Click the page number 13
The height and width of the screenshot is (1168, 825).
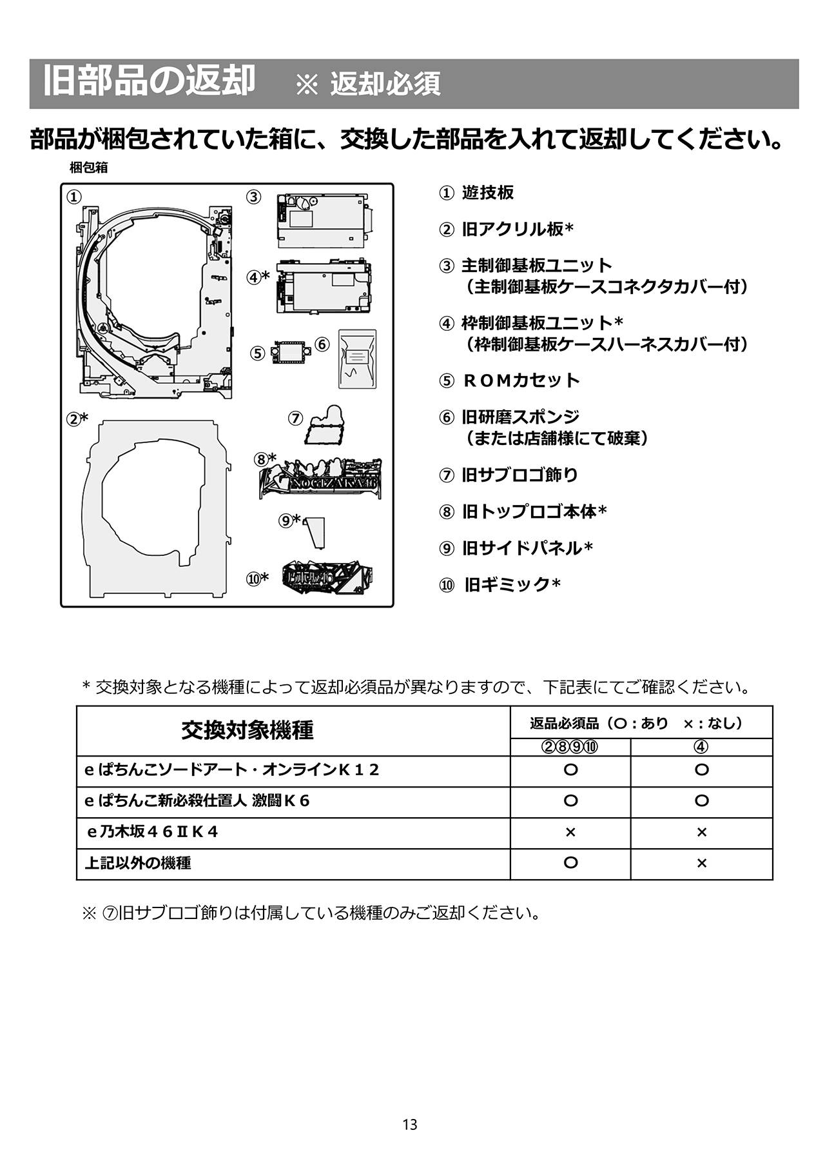click(410, 1125)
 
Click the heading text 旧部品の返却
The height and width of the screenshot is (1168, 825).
click(149, 82)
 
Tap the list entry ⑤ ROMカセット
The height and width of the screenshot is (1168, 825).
click(510, 381)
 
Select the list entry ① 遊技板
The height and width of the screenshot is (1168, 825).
click(477, 193)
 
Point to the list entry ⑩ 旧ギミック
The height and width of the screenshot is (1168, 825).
click(500, 585)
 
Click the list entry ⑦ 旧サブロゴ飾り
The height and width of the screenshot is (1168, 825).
click(509, 475)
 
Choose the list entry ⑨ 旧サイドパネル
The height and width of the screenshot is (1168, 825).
click(516, 548)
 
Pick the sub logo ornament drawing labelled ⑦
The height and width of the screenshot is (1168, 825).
click(327, 426)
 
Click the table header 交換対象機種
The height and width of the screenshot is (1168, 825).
click(247, 731)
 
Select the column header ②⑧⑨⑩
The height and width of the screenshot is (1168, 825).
click(570, 747)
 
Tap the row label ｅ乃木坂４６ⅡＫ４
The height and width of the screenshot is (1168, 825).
click(152, 832)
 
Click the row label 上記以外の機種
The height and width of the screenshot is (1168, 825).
click(138, 863)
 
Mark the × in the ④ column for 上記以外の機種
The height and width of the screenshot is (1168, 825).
click(701, 864)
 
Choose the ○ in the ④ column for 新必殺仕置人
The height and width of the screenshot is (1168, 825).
click(701, 801)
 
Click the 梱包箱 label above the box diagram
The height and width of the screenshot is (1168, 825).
click(88, 168)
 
